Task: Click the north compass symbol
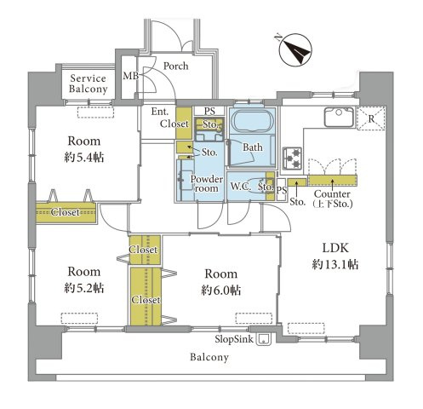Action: tap(294, 49)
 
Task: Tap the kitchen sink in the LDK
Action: tap(339, 117)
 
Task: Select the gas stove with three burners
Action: tap(292, 158)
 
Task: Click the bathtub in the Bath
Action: tap(252, 121)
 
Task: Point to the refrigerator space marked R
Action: tap(371, 118)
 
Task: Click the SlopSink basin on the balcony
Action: tap(264, 339)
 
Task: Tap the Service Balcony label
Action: tap(89, 84)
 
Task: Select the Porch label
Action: tap(176, 66)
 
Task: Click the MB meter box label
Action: tap(131, 76)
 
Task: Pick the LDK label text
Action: tap(335, 248)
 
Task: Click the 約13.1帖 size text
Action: tap(335, 265)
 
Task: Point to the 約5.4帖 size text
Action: tap(84, 158)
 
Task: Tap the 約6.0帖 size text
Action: tap(221, 291)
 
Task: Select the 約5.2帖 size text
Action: tap(84, 288)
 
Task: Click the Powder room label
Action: tap(207, 184)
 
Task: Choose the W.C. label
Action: tap(241, 187)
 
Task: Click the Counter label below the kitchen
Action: tap(332, 194)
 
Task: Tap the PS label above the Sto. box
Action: tap(209, 111)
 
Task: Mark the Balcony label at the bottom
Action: tap(209, 357)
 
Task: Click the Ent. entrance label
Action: tap(160, 112)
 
